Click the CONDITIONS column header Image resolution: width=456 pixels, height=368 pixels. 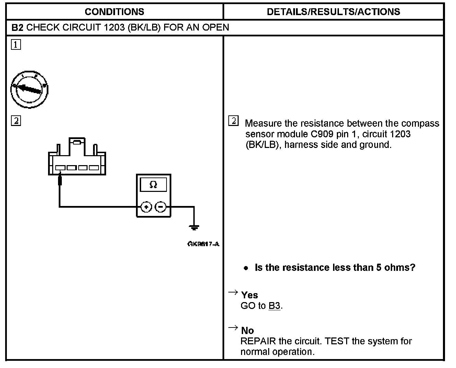pos(114,12)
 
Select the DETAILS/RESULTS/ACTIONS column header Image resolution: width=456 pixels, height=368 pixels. pos(333,12)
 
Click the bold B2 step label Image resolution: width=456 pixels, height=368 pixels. pos(18,27)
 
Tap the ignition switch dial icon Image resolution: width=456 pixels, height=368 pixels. pos(29,89)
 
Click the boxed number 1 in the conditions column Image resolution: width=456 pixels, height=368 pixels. pos(16,45)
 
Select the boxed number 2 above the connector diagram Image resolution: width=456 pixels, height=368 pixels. pos(16,121)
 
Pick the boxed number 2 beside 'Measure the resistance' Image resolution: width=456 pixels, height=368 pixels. pos(233,121)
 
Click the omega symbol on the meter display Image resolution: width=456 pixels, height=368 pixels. pos(153,185)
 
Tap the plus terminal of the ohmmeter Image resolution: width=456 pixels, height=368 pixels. pos(146,207)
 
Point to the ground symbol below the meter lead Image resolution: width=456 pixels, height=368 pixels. pos(194,227)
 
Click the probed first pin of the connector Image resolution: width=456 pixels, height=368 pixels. pos(60,168)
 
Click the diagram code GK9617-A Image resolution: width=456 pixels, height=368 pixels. pos(203,244)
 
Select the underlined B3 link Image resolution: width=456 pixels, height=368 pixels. pos(274,306)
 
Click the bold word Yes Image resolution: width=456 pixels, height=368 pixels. pos(250,295)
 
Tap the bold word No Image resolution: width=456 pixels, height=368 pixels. pos(248,331)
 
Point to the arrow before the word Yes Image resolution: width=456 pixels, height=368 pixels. pos(233,292)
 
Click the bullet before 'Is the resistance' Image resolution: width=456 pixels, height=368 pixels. pos(246,268)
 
